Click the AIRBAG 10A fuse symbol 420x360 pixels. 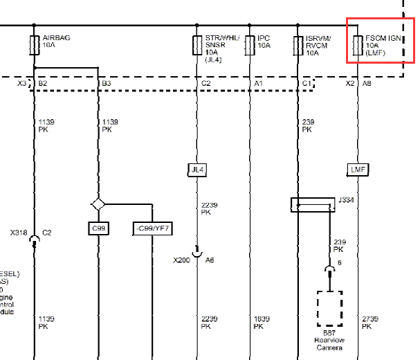[x=35, y=45]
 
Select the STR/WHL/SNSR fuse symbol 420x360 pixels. [x=197, y=45]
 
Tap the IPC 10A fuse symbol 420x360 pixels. [x=250, y=45]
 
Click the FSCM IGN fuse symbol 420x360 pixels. [x=358, y=45]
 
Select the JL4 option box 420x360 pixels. [x=197, y=169]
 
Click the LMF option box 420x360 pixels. [x=358, y=169]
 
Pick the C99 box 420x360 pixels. [x=98, y=228]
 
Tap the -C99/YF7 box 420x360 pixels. [x=152, y=228]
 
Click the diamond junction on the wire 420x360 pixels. [x=98, y=205]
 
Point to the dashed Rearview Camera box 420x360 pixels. [x=329, y=308]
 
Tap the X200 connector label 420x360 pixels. [x=181, y=260]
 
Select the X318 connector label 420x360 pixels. [x=19, y=233]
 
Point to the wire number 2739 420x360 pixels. [x=370, y=318]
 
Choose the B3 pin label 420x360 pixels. [x=106, y=84]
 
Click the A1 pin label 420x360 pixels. [x=259, y=84]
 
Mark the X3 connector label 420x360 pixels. [x=22, y=84]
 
